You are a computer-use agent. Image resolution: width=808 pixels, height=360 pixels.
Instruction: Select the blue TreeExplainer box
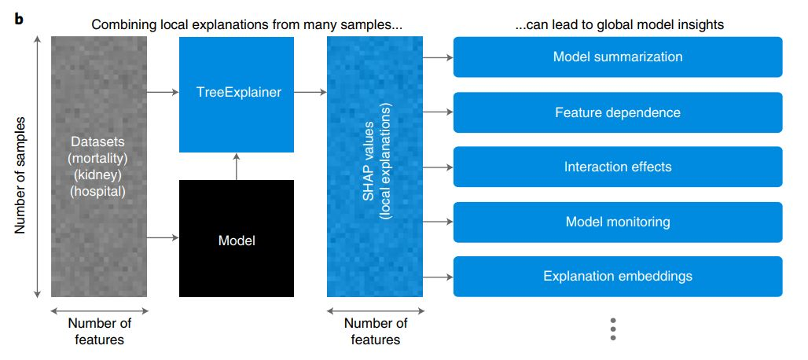[238, 94]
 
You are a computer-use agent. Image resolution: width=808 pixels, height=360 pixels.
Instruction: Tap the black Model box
[237, 238]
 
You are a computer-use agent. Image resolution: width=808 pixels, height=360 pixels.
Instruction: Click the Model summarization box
[618, 57]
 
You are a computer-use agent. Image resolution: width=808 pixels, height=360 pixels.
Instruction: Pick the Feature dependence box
[618, 112]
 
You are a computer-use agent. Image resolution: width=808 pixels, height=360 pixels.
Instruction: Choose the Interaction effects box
[618, 167]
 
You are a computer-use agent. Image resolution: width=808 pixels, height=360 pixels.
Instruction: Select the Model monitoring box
[618, 222]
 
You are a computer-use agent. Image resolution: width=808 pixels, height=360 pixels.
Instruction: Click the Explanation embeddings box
[618, 276]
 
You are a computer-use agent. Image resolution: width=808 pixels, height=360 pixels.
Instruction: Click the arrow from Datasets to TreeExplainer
[163, 93]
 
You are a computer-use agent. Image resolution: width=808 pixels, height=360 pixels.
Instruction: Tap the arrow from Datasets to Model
[163, 236]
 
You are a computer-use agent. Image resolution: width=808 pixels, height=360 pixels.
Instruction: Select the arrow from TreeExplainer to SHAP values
[310, 93]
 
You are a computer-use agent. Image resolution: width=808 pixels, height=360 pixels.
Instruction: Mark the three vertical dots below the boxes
[613, 329]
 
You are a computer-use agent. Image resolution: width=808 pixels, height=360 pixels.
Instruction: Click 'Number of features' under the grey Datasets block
[99, 331]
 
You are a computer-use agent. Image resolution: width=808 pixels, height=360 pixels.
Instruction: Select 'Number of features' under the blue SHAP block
[375, 331]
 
